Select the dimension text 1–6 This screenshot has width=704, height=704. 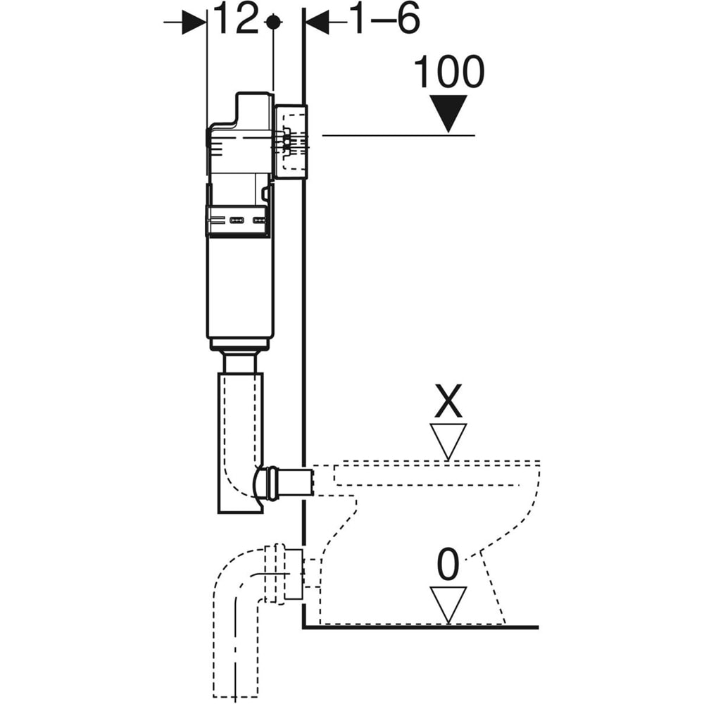coord(384,20)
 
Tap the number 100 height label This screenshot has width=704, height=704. coord(449,72)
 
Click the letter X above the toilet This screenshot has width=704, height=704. coord(448,404)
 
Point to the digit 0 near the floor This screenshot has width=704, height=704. coord(448,566)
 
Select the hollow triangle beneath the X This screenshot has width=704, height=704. coord(448,439)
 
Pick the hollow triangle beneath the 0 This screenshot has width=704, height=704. coord(448,603)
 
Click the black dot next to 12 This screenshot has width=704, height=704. coord(272,22)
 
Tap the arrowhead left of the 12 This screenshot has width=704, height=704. coord(193,23)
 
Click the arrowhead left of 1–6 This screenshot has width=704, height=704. coord(318,23)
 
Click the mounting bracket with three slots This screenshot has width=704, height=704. coord(237,221)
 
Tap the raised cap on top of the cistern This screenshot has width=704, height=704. coord(253,109)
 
